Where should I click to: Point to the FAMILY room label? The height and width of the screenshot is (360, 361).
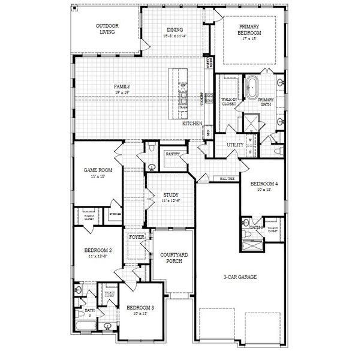pyautogui.click(x=122, y=86)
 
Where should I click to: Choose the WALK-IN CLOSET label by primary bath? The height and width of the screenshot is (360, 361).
pyautogui.click(x=228, y=101)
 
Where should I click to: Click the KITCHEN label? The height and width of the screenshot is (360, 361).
pyautogui.click(x=192, y=123)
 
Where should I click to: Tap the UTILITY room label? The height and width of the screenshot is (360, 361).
pyautogui.click(x=234, y=145)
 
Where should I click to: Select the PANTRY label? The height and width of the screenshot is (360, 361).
pyautogui.click(x=173, y=154)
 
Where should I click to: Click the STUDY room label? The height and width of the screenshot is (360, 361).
pyautogui.click(x=171, y=195)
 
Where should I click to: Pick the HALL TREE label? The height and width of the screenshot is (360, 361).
pyautogui.click(x=227, y=179)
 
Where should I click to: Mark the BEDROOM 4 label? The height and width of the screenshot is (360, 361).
pyautogui.click(x=264, y=183)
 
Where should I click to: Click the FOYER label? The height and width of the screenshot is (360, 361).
pyautogui.click(x=137, y=237)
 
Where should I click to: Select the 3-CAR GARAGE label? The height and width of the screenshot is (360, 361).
pyautogui.click(x=240, y=277)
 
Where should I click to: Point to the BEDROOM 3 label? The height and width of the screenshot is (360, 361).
pyautogui.click(x=140, y=307)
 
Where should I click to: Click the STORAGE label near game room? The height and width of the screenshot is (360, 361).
pyautogui.click(x=115, y=214)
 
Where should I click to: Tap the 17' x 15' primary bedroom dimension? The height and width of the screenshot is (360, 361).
pyautogui.click(x=249, y=38)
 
